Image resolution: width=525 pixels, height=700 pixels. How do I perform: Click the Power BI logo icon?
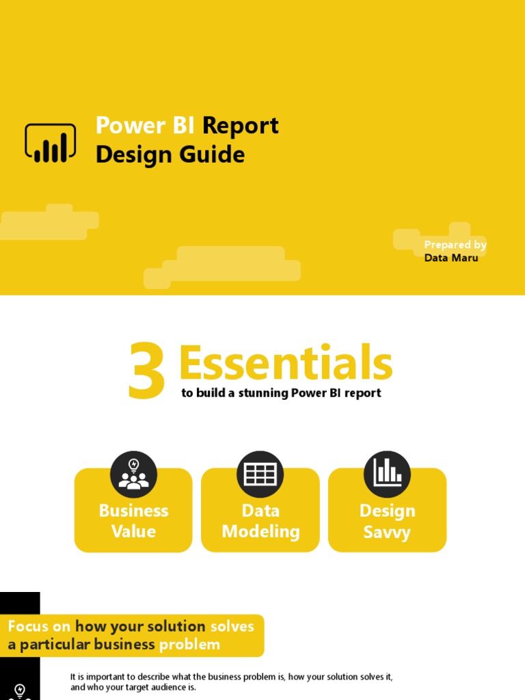click(50, 143)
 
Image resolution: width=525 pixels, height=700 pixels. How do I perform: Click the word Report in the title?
click(241, 126)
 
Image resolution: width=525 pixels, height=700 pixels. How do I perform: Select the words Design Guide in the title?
click(170, 155)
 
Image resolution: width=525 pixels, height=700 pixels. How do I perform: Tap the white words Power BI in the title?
click(146, 126)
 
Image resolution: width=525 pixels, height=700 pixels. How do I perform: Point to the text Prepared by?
click(455, 245)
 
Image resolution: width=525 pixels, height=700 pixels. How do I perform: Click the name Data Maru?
click(451, 258)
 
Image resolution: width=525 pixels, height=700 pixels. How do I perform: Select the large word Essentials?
click(285, 364)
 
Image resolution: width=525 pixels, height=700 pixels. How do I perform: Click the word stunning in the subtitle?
click(263, 393)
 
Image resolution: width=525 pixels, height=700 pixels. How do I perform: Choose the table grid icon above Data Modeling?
click(260, 474)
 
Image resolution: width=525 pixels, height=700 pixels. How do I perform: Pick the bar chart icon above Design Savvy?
click(387, 474)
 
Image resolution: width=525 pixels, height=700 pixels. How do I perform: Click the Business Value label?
click(133, 521)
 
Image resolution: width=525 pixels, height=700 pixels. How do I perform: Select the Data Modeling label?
click(260, 521)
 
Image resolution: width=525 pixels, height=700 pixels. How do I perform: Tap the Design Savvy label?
click(387, 521)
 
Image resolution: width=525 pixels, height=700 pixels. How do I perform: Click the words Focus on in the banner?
click(39, 626)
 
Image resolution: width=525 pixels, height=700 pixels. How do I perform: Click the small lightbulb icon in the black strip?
click(20, 690)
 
